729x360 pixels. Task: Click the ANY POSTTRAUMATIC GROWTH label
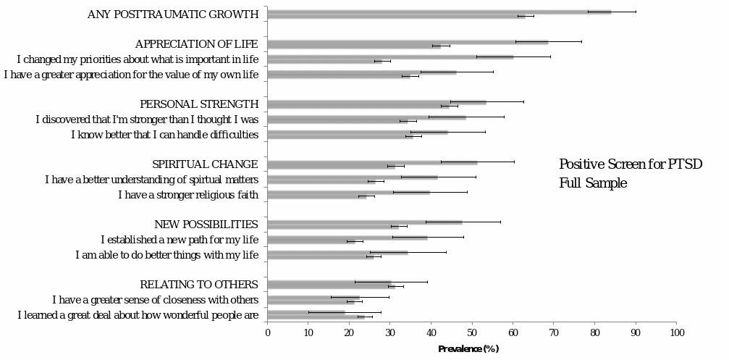[x=173, y=14]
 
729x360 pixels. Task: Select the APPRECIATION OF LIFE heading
[x=197, y=44]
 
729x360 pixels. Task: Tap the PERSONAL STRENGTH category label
[x=199, y=104]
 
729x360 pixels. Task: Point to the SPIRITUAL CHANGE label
[x=205, y=164]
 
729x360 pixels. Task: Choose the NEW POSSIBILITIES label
[x=206, y=225]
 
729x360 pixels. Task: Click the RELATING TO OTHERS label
[x=199, y=285]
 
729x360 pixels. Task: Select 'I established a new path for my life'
[x=180, y=240]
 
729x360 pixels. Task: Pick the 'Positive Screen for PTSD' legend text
[x=631, y=164]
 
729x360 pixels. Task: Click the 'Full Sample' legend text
[x=593, y=184]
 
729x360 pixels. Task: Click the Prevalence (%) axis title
[x=468, y=349]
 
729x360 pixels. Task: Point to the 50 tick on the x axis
[x=473, y=333]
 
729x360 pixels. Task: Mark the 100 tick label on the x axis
[x=677, y=333]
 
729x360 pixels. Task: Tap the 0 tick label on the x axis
[x=268, y=333]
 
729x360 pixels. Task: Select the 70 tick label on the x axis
[x=555, y=333]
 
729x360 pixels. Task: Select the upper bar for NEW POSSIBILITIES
[x=365, y=222]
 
